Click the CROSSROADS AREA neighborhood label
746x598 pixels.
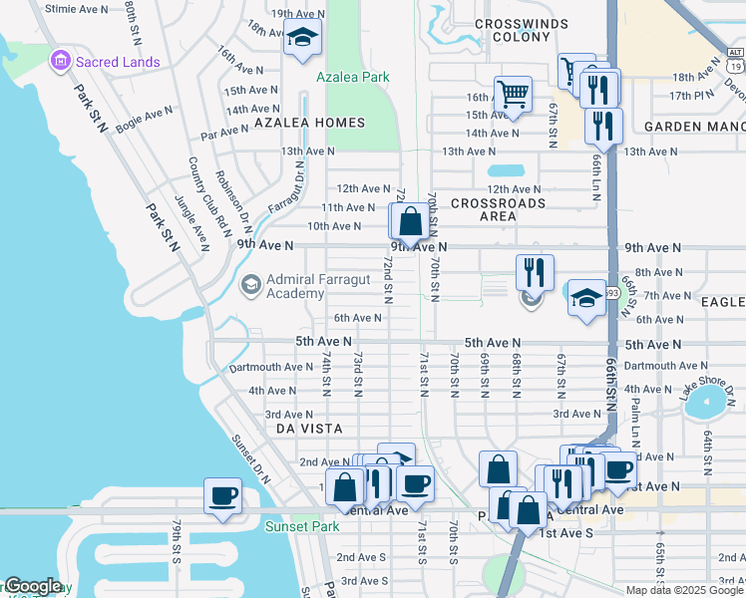click(498, 208)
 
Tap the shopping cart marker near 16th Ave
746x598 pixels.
click(513, 95)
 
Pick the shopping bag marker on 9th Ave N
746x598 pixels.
click(410, 221)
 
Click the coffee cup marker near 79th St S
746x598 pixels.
click(222, 495)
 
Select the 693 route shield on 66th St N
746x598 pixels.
click(611, 294)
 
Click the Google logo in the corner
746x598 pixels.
click(32, 586)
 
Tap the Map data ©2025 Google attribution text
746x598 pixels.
click(684, 590)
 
